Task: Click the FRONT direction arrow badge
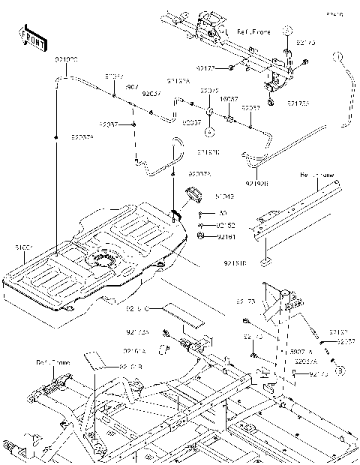31,38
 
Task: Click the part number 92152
226,224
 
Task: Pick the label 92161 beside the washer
226,236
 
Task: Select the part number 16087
229,98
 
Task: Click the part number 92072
209,91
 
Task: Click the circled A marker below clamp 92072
211,131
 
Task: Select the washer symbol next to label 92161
201,236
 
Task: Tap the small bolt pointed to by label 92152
201,224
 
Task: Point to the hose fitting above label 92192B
250,157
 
